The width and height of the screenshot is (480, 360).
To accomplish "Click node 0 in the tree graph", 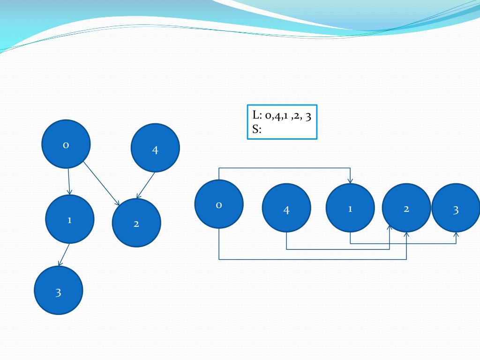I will coord(66,144).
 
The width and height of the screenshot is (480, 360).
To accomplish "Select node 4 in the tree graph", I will coord(155,148).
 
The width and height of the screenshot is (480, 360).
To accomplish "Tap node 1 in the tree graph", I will coord(70,219).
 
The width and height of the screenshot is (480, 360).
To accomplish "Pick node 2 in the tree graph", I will coord(136,223).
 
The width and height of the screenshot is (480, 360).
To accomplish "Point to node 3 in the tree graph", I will coord(59,290).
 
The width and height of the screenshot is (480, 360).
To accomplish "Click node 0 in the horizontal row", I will coord(219,204).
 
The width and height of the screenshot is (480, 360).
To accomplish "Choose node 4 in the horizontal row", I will coord(286,208).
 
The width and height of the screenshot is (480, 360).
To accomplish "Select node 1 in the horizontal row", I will coord(350,208).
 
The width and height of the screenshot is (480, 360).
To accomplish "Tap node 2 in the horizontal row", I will coord(406,208).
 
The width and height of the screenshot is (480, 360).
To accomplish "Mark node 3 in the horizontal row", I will coord(456,208).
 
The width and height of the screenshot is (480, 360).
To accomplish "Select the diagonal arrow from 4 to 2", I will coord(146,185).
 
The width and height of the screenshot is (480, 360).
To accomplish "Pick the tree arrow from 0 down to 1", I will coord(69,181).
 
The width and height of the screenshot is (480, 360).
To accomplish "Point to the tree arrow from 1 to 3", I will coord(64,255).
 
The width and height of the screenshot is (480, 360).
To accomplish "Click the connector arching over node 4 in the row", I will coord(285,168).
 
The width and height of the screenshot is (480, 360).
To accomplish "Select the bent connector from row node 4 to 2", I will coord(337,249).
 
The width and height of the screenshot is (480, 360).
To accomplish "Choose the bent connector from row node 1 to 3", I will coord(403,244).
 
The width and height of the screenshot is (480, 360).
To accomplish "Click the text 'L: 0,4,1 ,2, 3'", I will coord(282,116).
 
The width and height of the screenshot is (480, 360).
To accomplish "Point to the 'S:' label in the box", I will coord(257,130).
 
